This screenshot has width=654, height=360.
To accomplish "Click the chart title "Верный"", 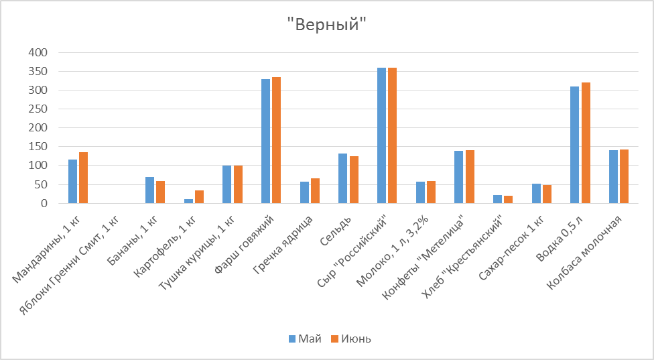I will pos(327,25).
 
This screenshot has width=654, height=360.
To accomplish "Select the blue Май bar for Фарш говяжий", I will pos(265,141).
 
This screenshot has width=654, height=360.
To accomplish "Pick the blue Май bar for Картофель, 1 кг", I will pos(188,200).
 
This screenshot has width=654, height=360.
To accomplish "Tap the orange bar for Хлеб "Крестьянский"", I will pos(509,199).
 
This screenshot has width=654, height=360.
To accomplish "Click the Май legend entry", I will pos(302,339).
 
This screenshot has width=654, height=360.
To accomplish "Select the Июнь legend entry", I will pos(350,339).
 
